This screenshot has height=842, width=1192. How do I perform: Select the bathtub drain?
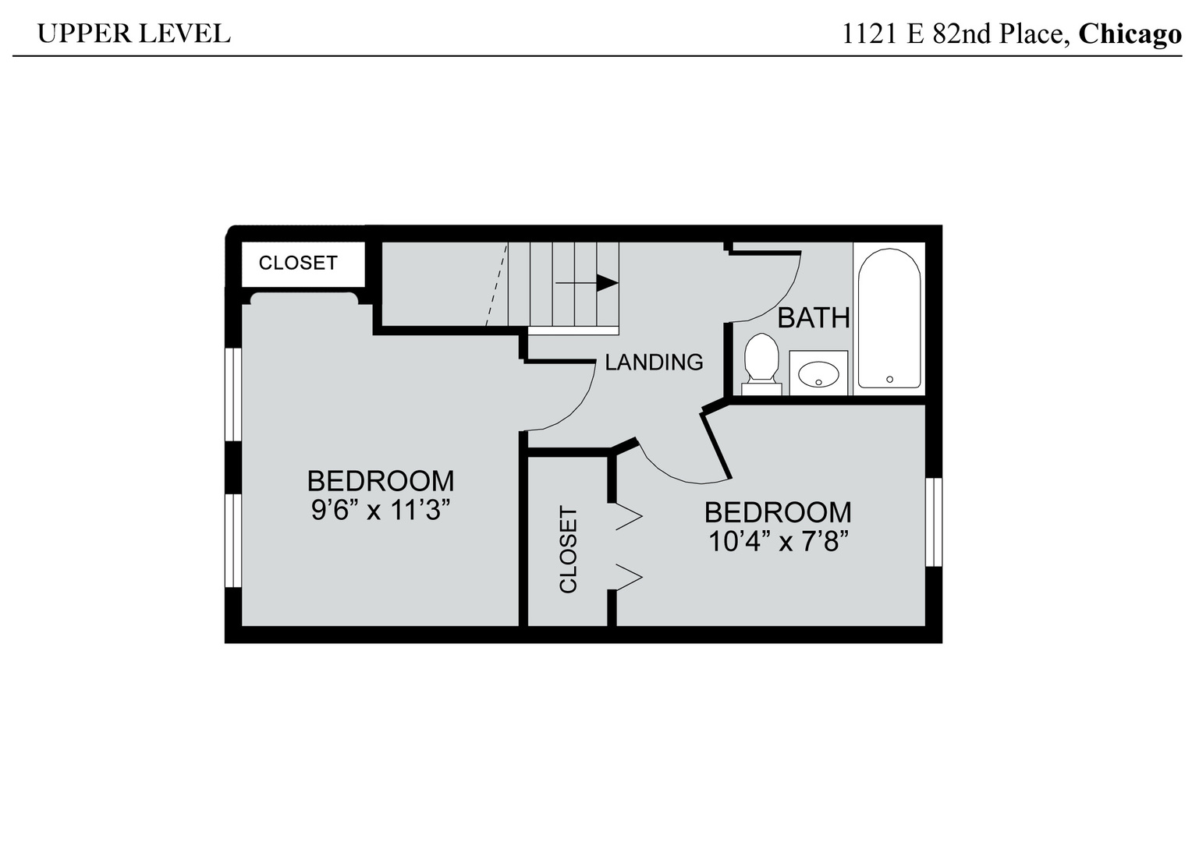tap(889, 380)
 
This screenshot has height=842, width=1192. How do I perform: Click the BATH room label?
tap(814, 318)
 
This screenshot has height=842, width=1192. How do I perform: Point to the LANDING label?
tap(654, 362)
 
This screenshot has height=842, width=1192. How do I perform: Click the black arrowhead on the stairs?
tap(607, 282)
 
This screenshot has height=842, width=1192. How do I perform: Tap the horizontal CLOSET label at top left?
tap(298, 264)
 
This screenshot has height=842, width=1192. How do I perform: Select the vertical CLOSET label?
tap(569, 550)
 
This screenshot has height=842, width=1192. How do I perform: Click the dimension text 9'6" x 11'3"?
tap(381, 511)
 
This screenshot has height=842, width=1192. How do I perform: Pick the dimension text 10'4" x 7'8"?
tap(778, 540)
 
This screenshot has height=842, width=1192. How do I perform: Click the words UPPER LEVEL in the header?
tap(133, 34)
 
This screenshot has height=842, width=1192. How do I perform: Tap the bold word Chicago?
tap(1130, 34)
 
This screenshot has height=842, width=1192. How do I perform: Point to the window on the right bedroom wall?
tap(934, 522)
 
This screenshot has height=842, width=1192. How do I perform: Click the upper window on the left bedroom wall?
tap(232, 394)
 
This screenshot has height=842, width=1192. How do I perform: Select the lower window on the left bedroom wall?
tap(232, 540)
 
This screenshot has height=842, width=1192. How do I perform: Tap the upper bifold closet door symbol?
tap(628, 516)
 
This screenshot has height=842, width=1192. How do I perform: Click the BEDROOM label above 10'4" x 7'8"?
tap(778, 512)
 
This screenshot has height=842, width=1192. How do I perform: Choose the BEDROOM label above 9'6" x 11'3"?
tap(381, 480)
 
